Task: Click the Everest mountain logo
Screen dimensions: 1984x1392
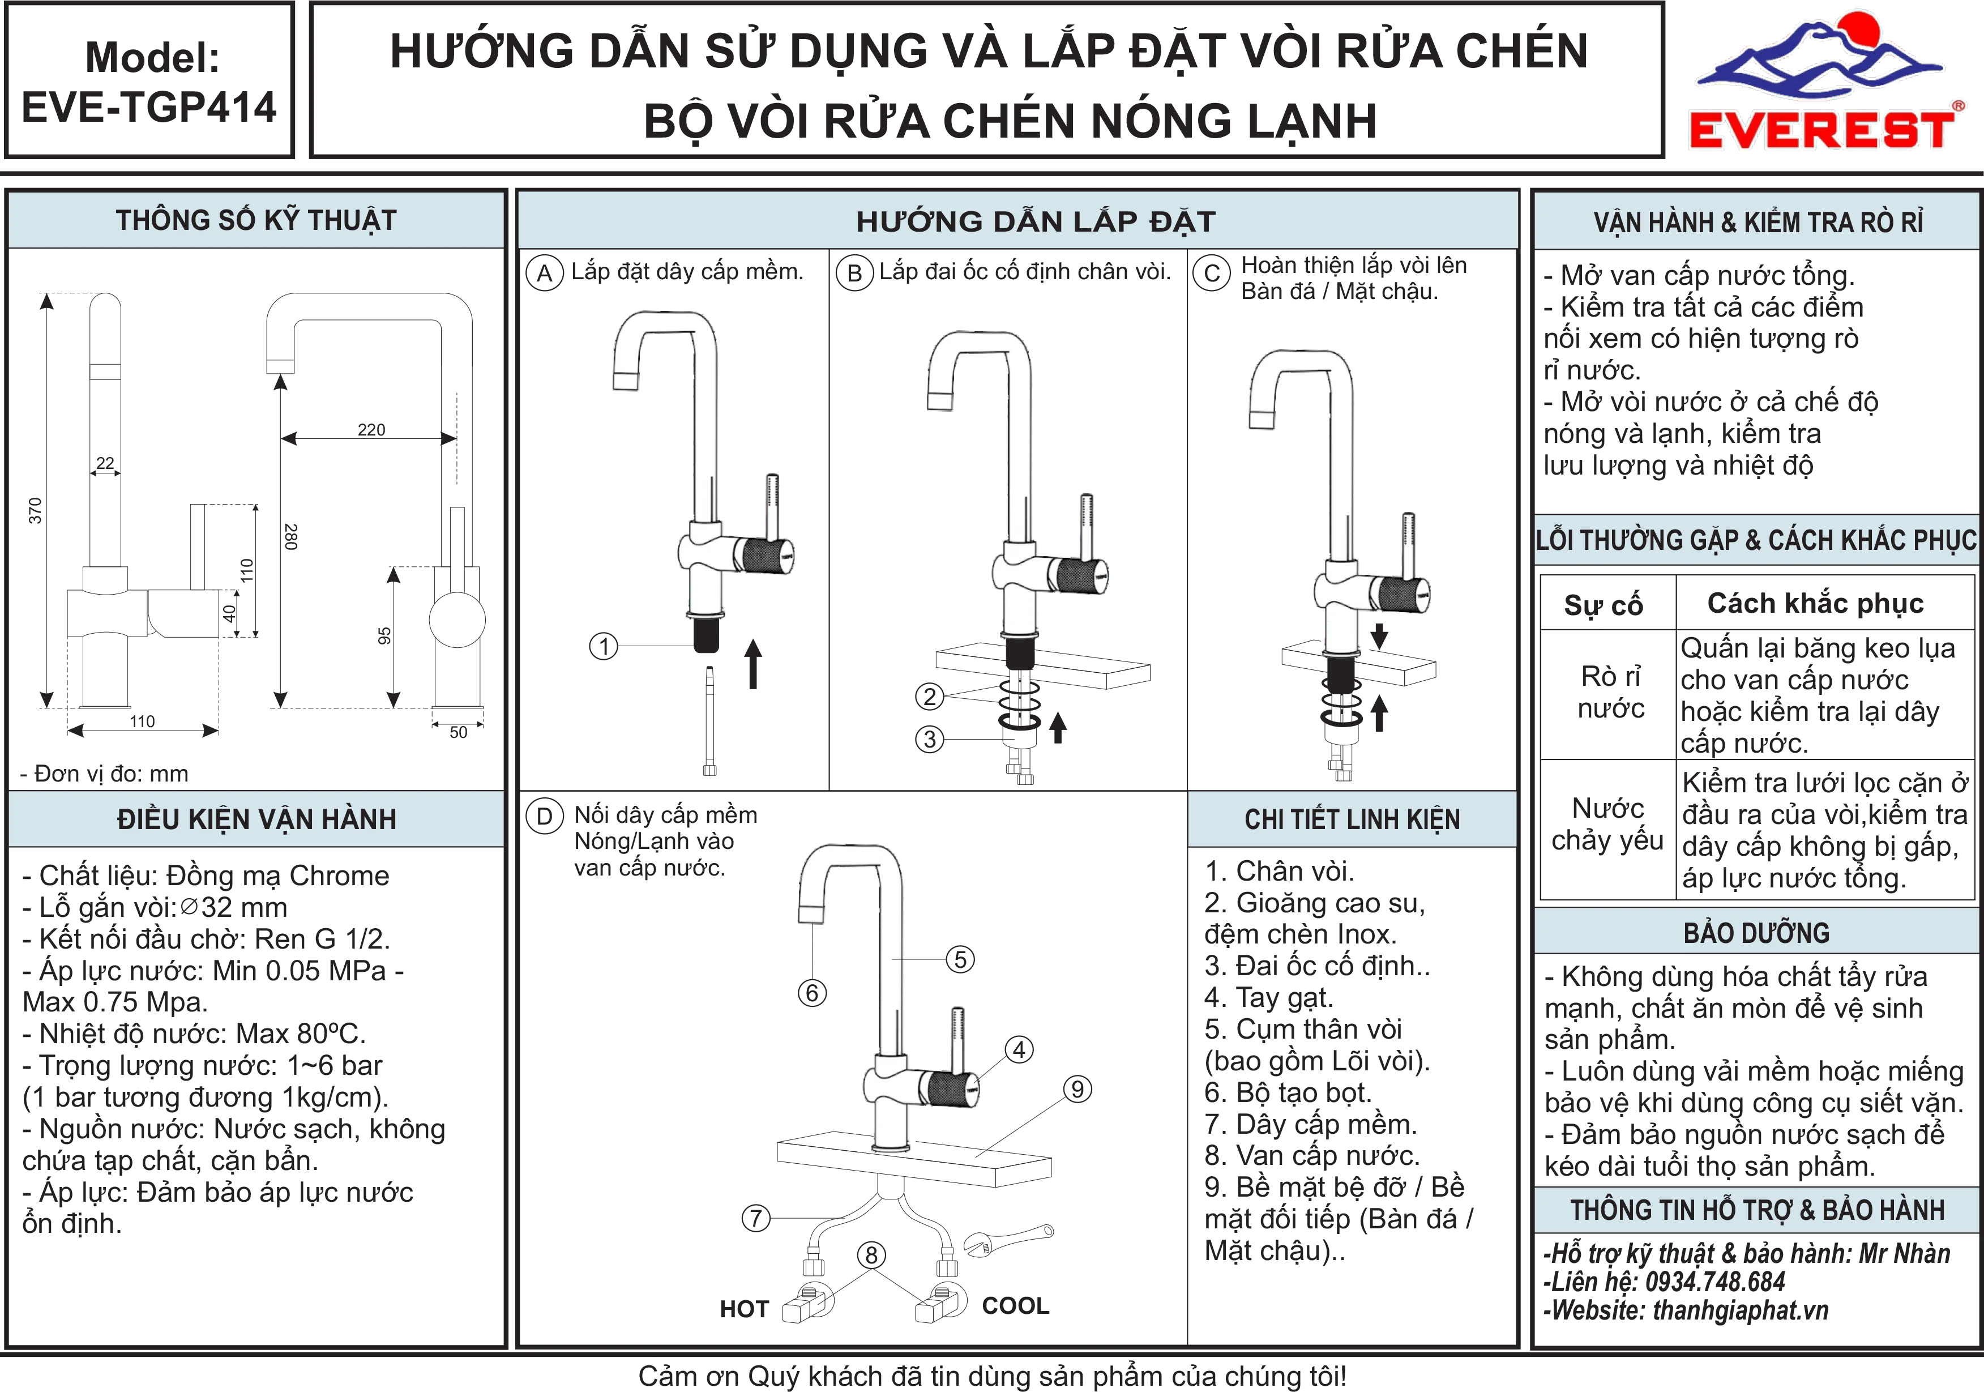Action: coord(1820,79)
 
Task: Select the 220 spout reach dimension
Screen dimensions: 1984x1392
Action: coord(371,429)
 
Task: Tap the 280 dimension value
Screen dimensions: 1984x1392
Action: coord(291,536)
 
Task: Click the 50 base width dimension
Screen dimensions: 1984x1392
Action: coord(458,732)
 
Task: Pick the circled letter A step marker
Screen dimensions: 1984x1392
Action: coord(544,273)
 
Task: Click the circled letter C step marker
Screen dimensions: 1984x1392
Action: coord(1212,273)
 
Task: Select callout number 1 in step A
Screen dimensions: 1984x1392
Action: coord(604,646)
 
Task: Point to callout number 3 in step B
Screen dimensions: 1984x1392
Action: coord(930,739)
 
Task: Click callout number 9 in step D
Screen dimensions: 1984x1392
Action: coord(1077,1088)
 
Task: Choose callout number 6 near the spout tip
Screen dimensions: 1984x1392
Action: coord(811,993)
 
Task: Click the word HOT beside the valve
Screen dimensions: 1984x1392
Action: coord(744,1309)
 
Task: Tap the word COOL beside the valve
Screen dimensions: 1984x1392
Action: coord(1015,1305)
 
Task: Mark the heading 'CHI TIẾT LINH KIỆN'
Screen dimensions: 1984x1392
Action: coord(1352,819)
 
